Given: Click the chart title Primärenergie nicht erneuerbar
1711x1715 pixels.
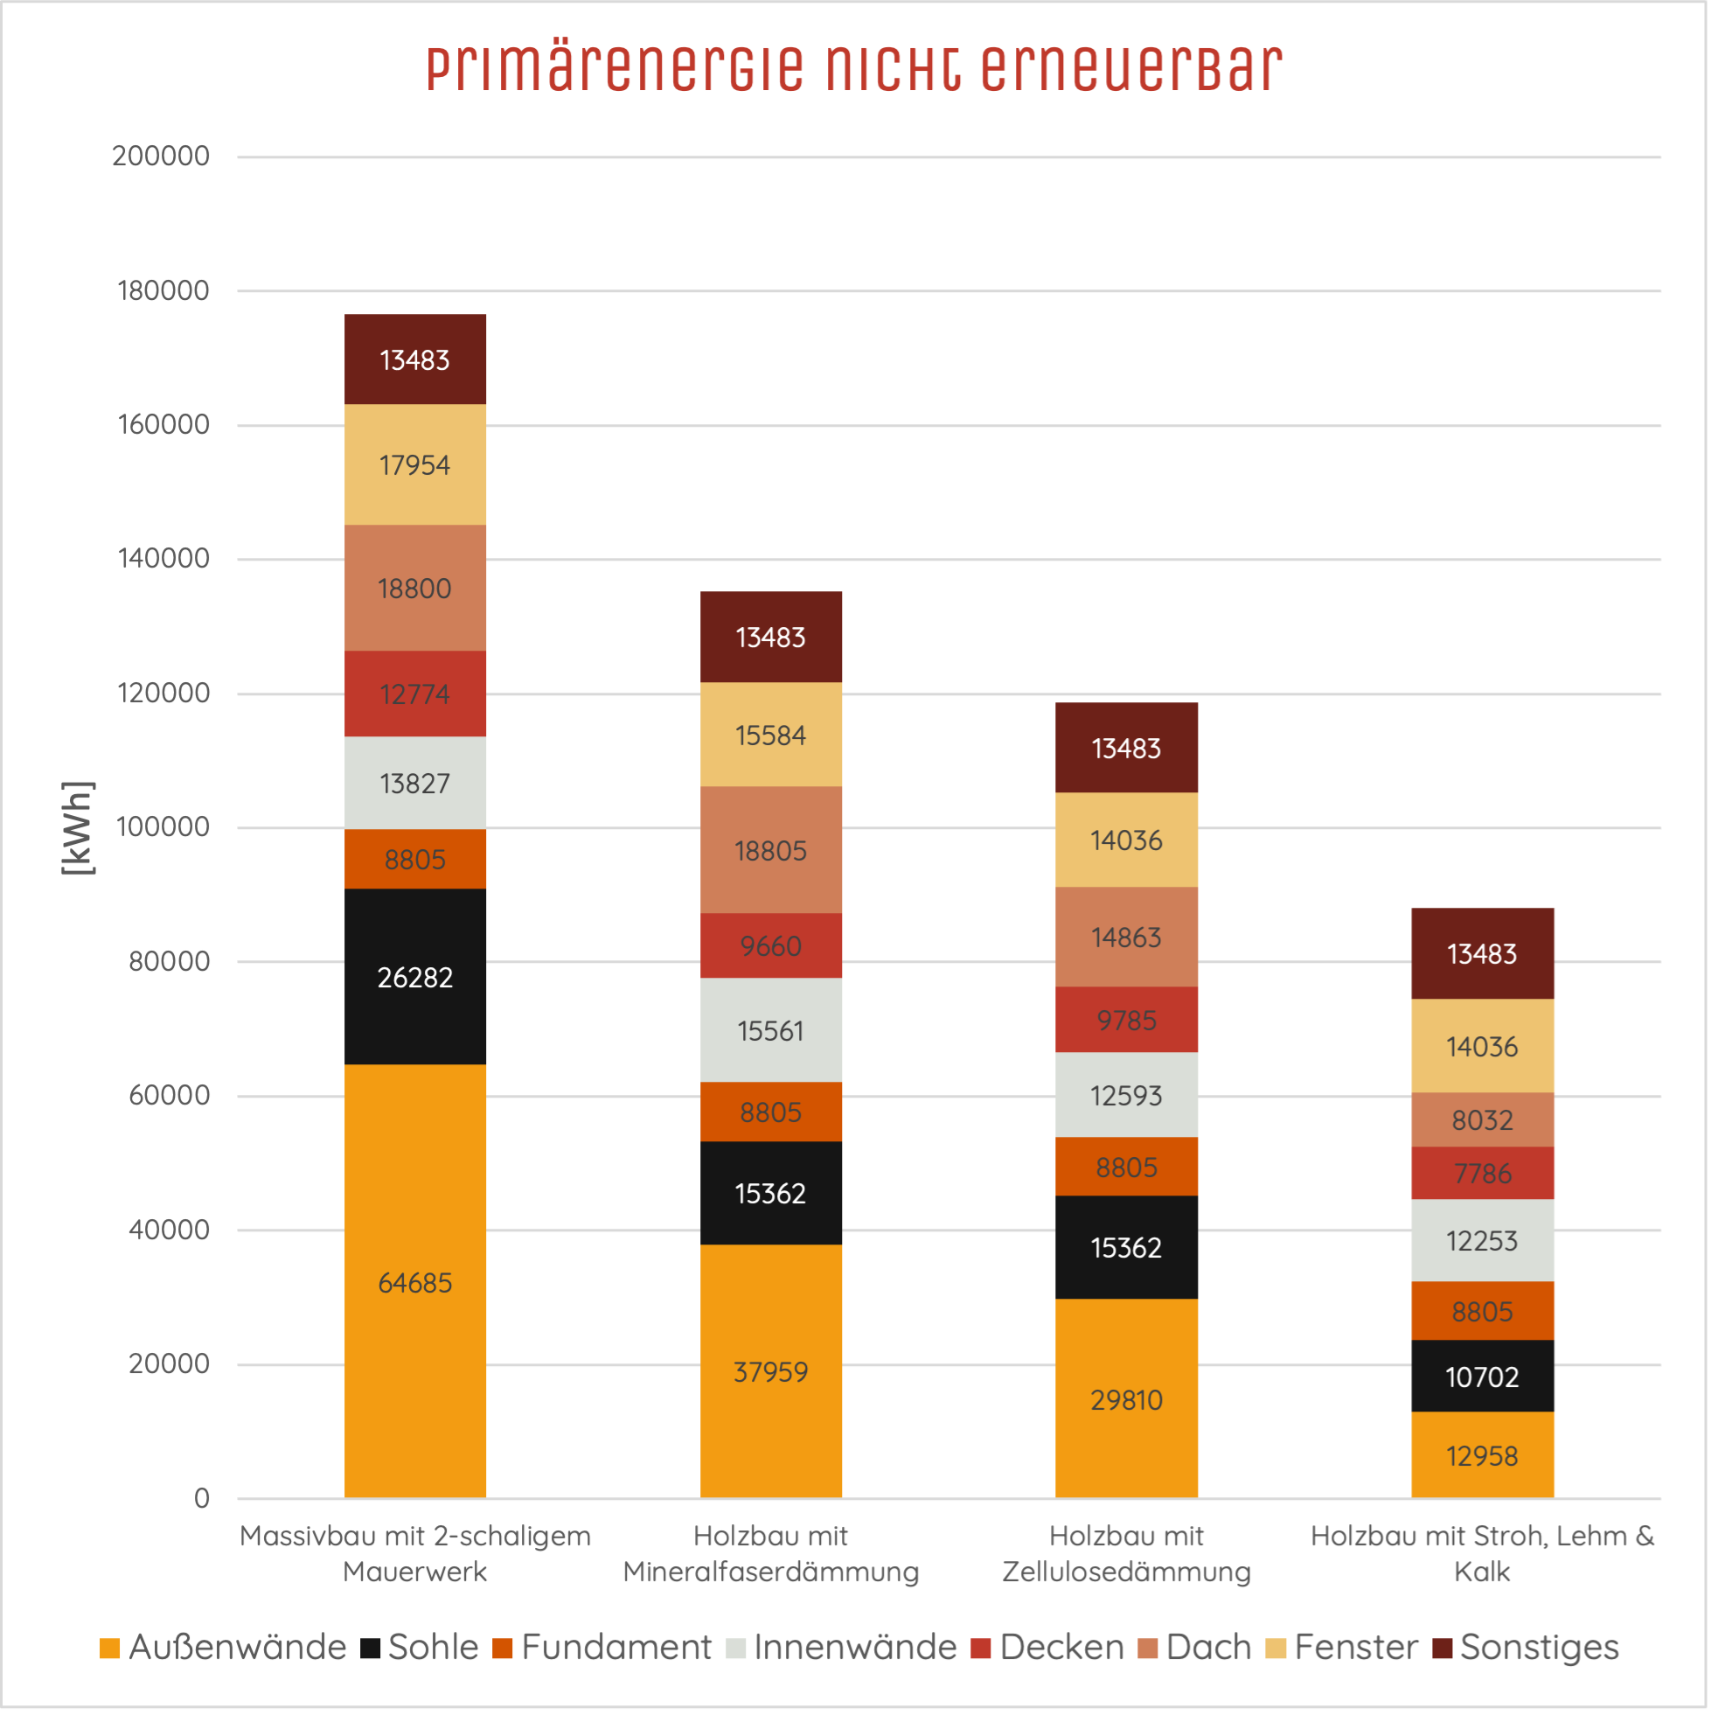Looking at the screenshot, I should pos(853,68).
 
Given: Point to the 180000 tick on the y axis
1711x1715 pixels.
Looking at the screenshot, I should pos(163,290).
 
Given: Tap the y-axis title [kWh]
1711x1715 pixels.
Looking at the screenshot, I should pos(78,827).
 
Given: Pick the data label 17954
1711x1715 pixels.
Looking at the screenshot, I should pos(414,465).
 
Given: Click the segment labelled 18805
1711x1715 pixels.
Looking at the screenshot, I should pos(770,849).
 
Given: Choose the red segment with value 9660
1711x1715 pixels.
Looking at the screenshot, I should pos(770,946).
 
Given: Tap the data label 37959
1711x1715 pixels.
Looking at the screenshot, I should pos(770,1372).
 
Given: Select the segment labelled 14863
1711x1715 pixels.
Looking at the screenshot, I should pos(1126,938).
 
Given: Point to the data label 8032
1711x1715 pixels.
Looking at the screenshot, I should pos(1482,1120).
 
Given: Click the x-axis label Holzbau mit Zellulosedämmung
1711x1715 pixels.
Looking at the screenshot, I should pos(1126,1553).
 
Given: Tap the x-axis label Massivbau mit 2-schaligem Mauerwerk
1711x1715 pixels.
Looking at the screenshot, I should pos(414,1553).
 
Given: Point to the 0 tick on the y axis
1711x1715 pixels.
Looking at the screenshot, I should pos(201,1498).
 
